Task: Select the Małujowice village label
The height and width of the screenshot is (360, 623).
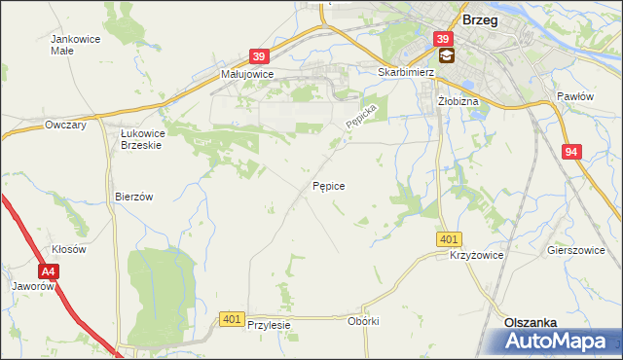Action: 246,74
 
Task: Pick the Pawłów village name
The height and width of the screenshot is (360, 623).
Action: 574,96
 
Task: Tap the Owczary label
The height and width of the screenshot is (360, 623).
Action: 66,125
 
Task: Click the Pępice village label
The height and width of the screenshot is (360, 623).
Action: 328,185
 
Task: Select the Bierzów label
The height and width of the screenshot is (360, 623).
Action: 134,196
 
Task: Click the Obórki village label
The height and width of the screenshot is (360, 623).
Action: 362,321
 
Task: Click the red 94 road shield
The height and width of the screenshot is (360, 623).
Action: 571,152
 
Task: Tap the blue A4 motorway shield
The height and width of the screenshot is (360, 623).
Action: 50,273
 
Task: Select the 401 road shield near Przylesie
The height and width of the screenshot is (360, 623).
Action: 231,318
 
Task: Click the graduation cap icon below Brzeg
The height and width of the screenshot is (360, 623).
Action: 445,56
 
